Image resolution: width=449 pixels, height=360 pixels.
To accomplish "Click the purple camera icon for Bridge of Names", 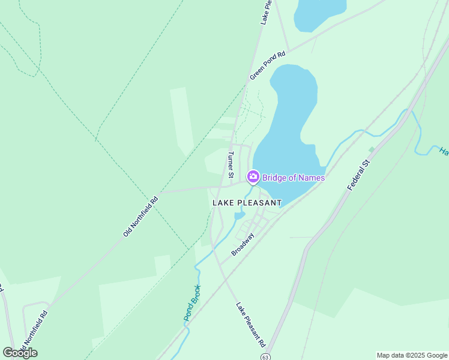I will point(253,176).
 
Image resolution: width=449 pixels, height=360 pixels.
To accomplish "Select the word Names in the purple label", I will point(312,178).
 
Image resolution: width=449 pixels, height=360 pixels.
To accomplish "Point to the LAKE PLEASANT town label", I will point(247,203).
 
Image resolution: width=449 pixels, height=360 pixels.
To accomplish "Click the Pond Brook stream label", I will point(192,302).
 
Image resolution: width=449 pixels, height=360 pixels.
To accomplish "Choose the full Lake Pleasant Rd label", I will point(250,325).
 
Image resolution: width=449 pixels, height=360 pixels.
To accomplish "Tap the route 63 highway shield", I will point(265,356).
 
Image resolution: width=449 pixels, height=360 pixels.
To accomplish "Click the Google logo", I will point(20,353).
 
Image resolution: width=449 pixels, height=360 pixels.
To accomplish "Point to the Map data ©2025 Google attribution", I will point(411,355).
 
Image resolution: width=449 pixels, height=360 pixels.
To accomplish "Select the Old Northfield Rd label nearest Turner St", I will point(140,215).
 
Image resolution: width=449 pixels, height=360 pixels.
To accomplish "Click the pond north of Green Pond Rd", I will point(319,12).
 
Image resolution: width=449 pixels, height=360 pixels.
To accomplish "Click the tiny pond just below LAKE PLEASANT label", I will point(239,215).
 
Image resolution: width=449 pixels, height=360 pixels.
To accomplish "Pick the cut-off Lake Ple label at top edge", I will point(267,12).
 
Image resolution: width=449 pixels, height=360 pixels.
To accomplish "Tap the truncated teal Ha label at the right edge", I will point(443,151).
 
